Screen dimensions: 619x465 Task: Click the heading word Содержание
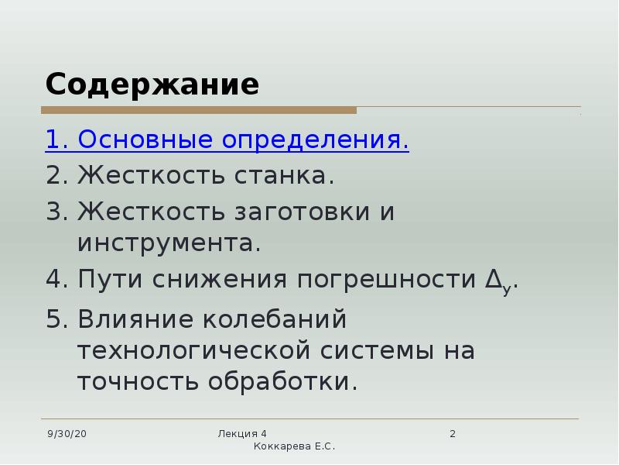[152, 84]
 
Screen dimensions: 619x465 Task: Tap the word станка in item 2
[284, 175]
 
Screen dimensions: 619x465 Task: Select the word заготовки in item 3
[303, 212]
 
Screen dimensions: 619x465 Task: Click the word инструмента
[169, 243]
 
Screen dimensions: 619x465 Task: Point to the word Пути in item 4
[110, 279]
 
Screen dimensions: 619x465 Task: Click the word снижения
[220, 279]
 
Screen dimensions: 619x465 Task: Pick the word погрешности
[386, 280]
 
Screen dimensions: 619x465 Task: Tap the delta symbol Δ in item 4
[494, 279]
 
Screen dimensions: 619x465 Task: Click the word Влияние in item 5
[135, 319]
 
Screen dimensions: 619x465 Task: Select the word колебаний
[275, 319]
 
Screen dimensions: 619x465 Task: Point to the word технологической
[193, 351]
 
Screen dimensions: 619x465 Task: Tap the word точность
[138, 382]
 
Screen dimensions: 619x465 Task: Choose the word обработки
[282, 381]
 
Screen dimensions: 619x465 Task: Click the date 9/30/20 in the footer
[67, 434]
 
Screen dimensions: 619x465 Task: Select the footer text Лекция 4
[242, 434]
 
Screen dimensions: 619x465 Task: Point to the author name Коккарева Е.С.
[294, 446]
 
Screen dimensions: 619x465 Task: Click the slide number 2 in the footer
[453, 434]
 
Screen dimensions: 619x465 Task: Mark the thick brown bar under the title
[199, 110]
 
